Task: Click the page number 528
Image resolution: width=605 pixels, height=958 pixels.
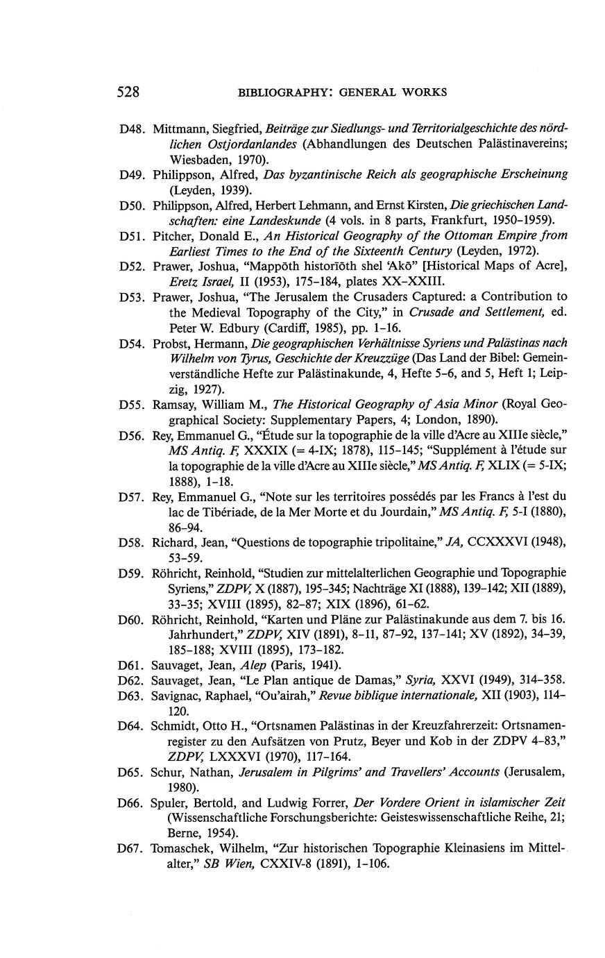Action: [128, 92]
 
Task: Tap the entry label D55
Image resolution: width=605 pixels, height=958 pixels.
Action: [131, 405]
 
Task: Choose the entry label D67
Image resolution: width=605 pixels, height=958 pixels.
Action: [131, 850]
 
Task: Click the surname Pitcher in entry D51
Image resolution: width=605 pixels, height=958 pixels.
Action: [173, 236]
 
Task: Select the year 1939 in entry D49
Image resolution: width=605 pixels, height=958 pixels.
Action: [231, 190]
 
